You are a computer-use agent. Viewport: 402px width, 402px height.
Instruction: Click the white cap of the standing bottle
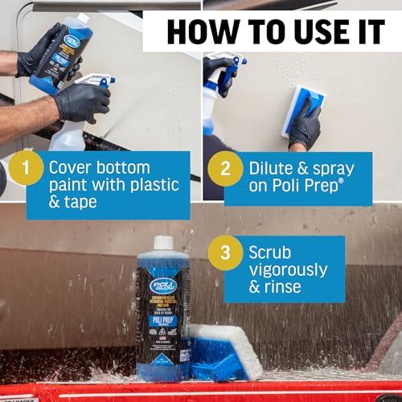(x=164, y=243)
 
